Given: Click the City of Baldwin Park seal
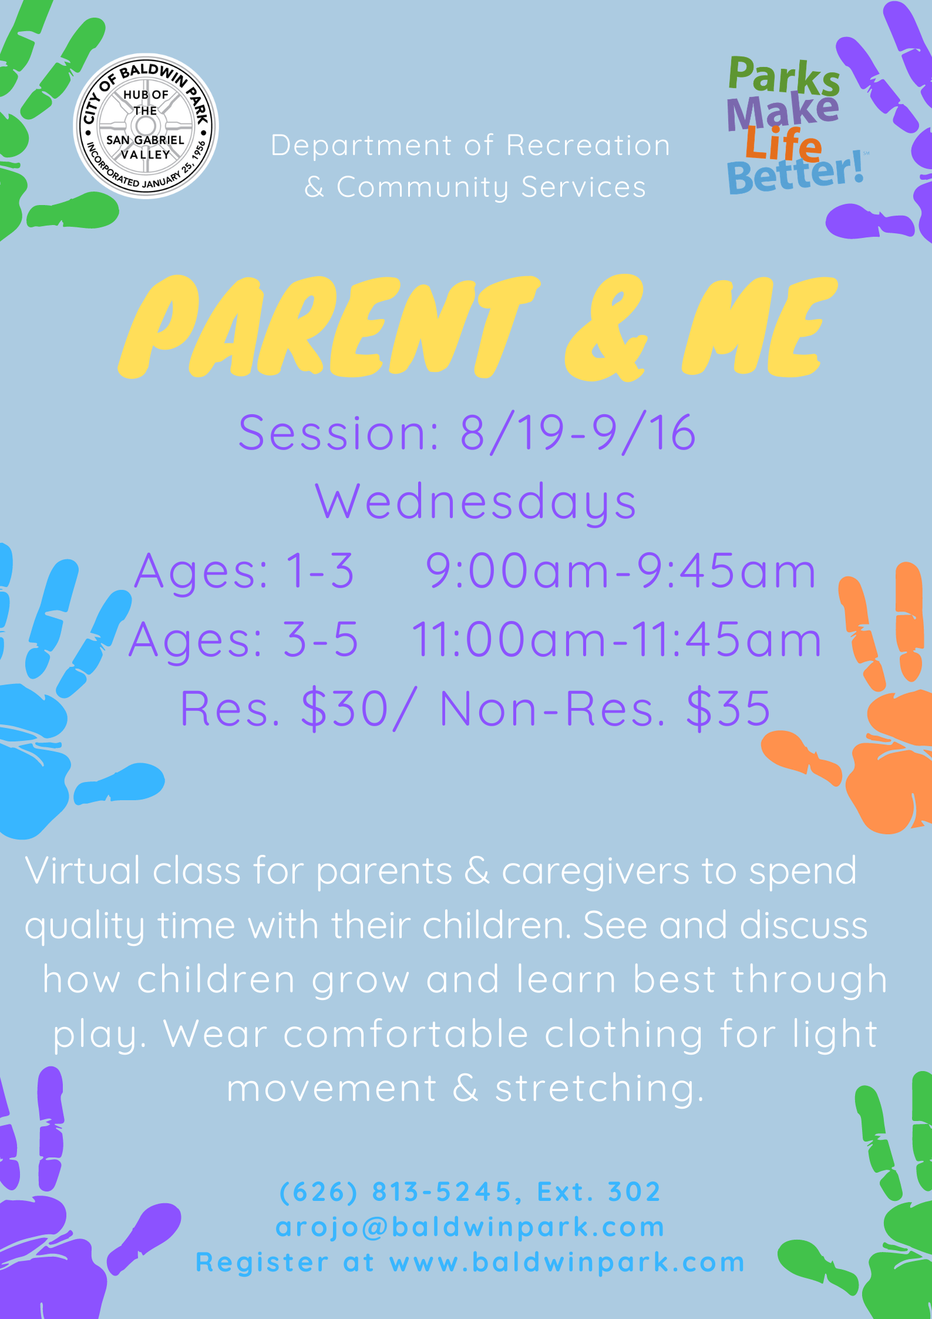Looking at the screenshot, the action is [x=146, y=126].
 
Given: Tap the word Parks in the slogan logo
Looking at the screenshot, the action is [x=784, y=76].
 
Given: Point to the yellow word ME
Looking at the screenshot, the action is [x=759, y=325].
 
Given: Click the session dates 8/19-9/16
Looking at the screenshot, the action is [x=578, y=432].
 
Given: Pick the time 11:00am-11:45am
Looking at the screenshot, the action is [x=616, y=639].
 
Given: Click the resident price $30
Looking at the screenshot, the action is [x=344, y=709].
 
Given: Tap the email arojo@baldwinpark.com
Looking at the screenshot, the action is [x=470, y=1227].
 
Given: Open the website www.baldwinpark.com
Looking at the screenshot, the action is [x=567, y=1262].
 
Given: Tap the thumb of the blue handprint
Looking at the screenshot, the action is [x=120, y=783].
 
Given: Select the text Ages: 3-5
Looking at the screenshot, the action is [x=244, y=639].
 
